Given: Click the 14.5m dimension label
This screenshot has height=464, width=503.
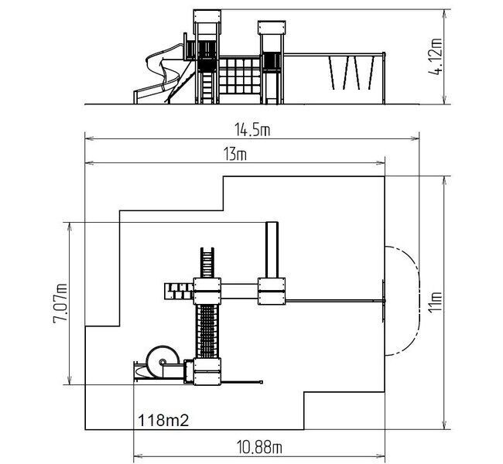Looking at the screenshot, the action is tap(252, 130).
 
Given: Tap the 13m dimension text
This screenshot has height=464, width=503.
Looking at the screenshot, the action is tap(235, 154).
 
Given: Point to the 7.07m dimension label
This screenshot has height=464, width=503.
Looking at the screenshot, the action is tap(60, 303).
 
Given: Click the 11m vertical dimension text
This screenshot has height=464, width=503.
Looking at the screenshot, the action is tap(436, 302).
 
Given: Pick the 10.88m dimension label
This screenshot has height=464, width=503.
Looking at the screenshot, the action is tap(259, 447).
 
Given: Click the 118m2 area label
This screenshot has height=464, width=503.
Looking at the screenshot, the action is tap(163, 420).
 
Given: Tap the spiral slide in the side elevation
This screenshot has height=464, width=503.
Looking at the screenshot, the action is tap(160, 73).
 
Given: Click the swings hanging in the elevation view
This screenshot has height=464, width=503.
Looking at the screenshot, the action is tap(352, 73).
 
